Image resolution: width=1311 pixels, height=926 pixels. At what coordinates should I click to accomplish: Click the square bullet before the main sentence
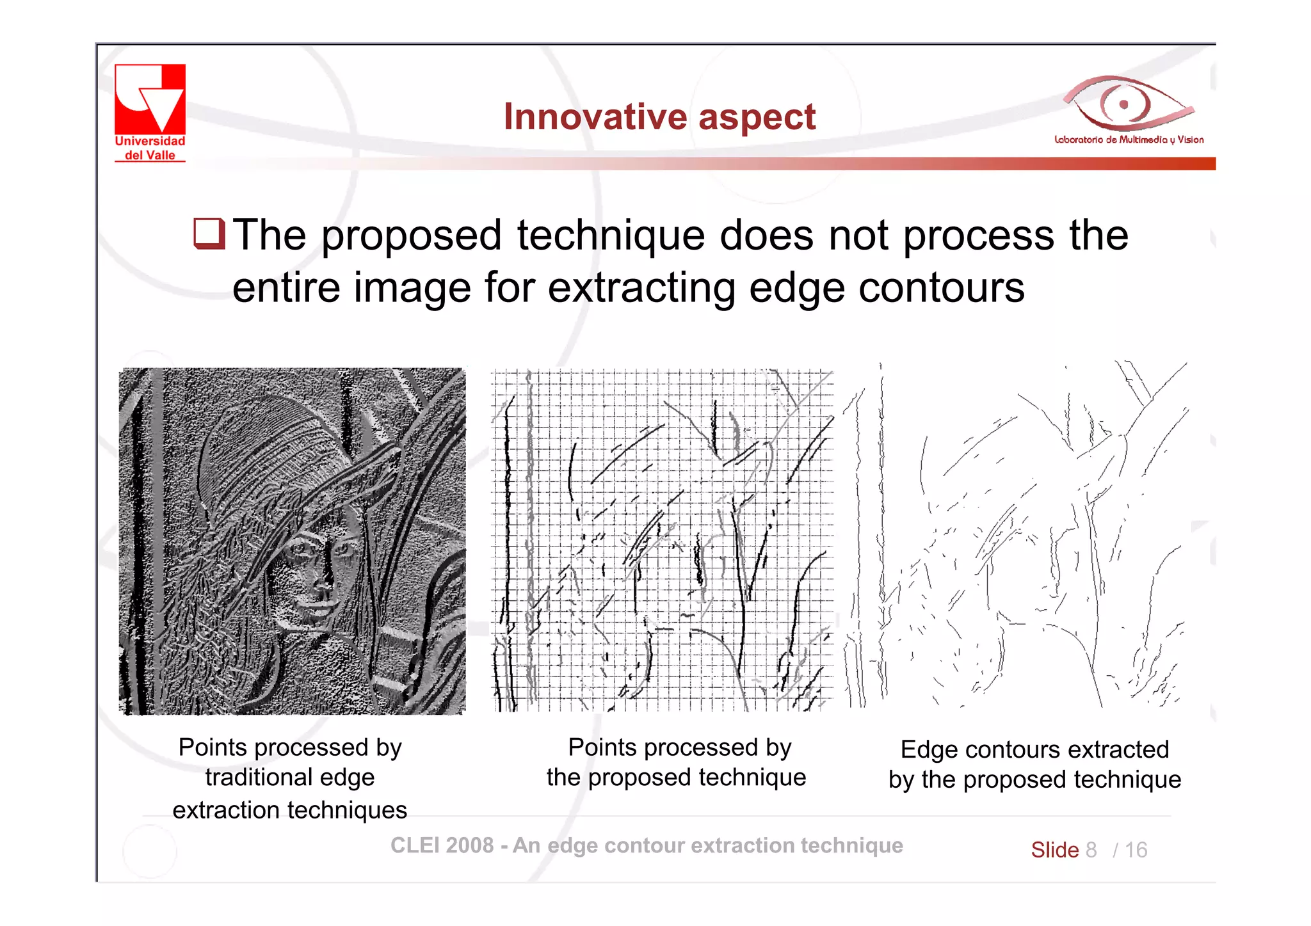click(209, 234)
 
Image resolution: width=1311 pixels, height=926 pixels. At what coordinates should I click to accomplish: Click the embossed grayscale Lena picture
click(292, 541)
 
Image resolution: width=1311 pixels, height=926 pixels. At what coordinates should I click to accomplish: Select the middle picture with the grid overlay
click(663, 541)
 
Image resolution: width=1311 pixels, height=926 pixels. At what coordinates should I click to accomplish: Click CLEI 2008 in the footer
click(442, 845)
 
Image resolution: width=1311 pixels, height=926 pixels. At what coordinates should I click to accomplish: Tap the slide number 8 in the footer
click(1091, 850)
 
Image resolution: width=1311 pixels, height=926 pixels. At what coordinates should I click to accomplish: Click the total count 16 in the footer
click(1136, 850)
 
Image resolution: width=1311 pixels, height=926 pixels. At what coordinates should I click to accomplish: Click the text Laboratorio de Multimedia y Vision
click(1129, 140)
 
